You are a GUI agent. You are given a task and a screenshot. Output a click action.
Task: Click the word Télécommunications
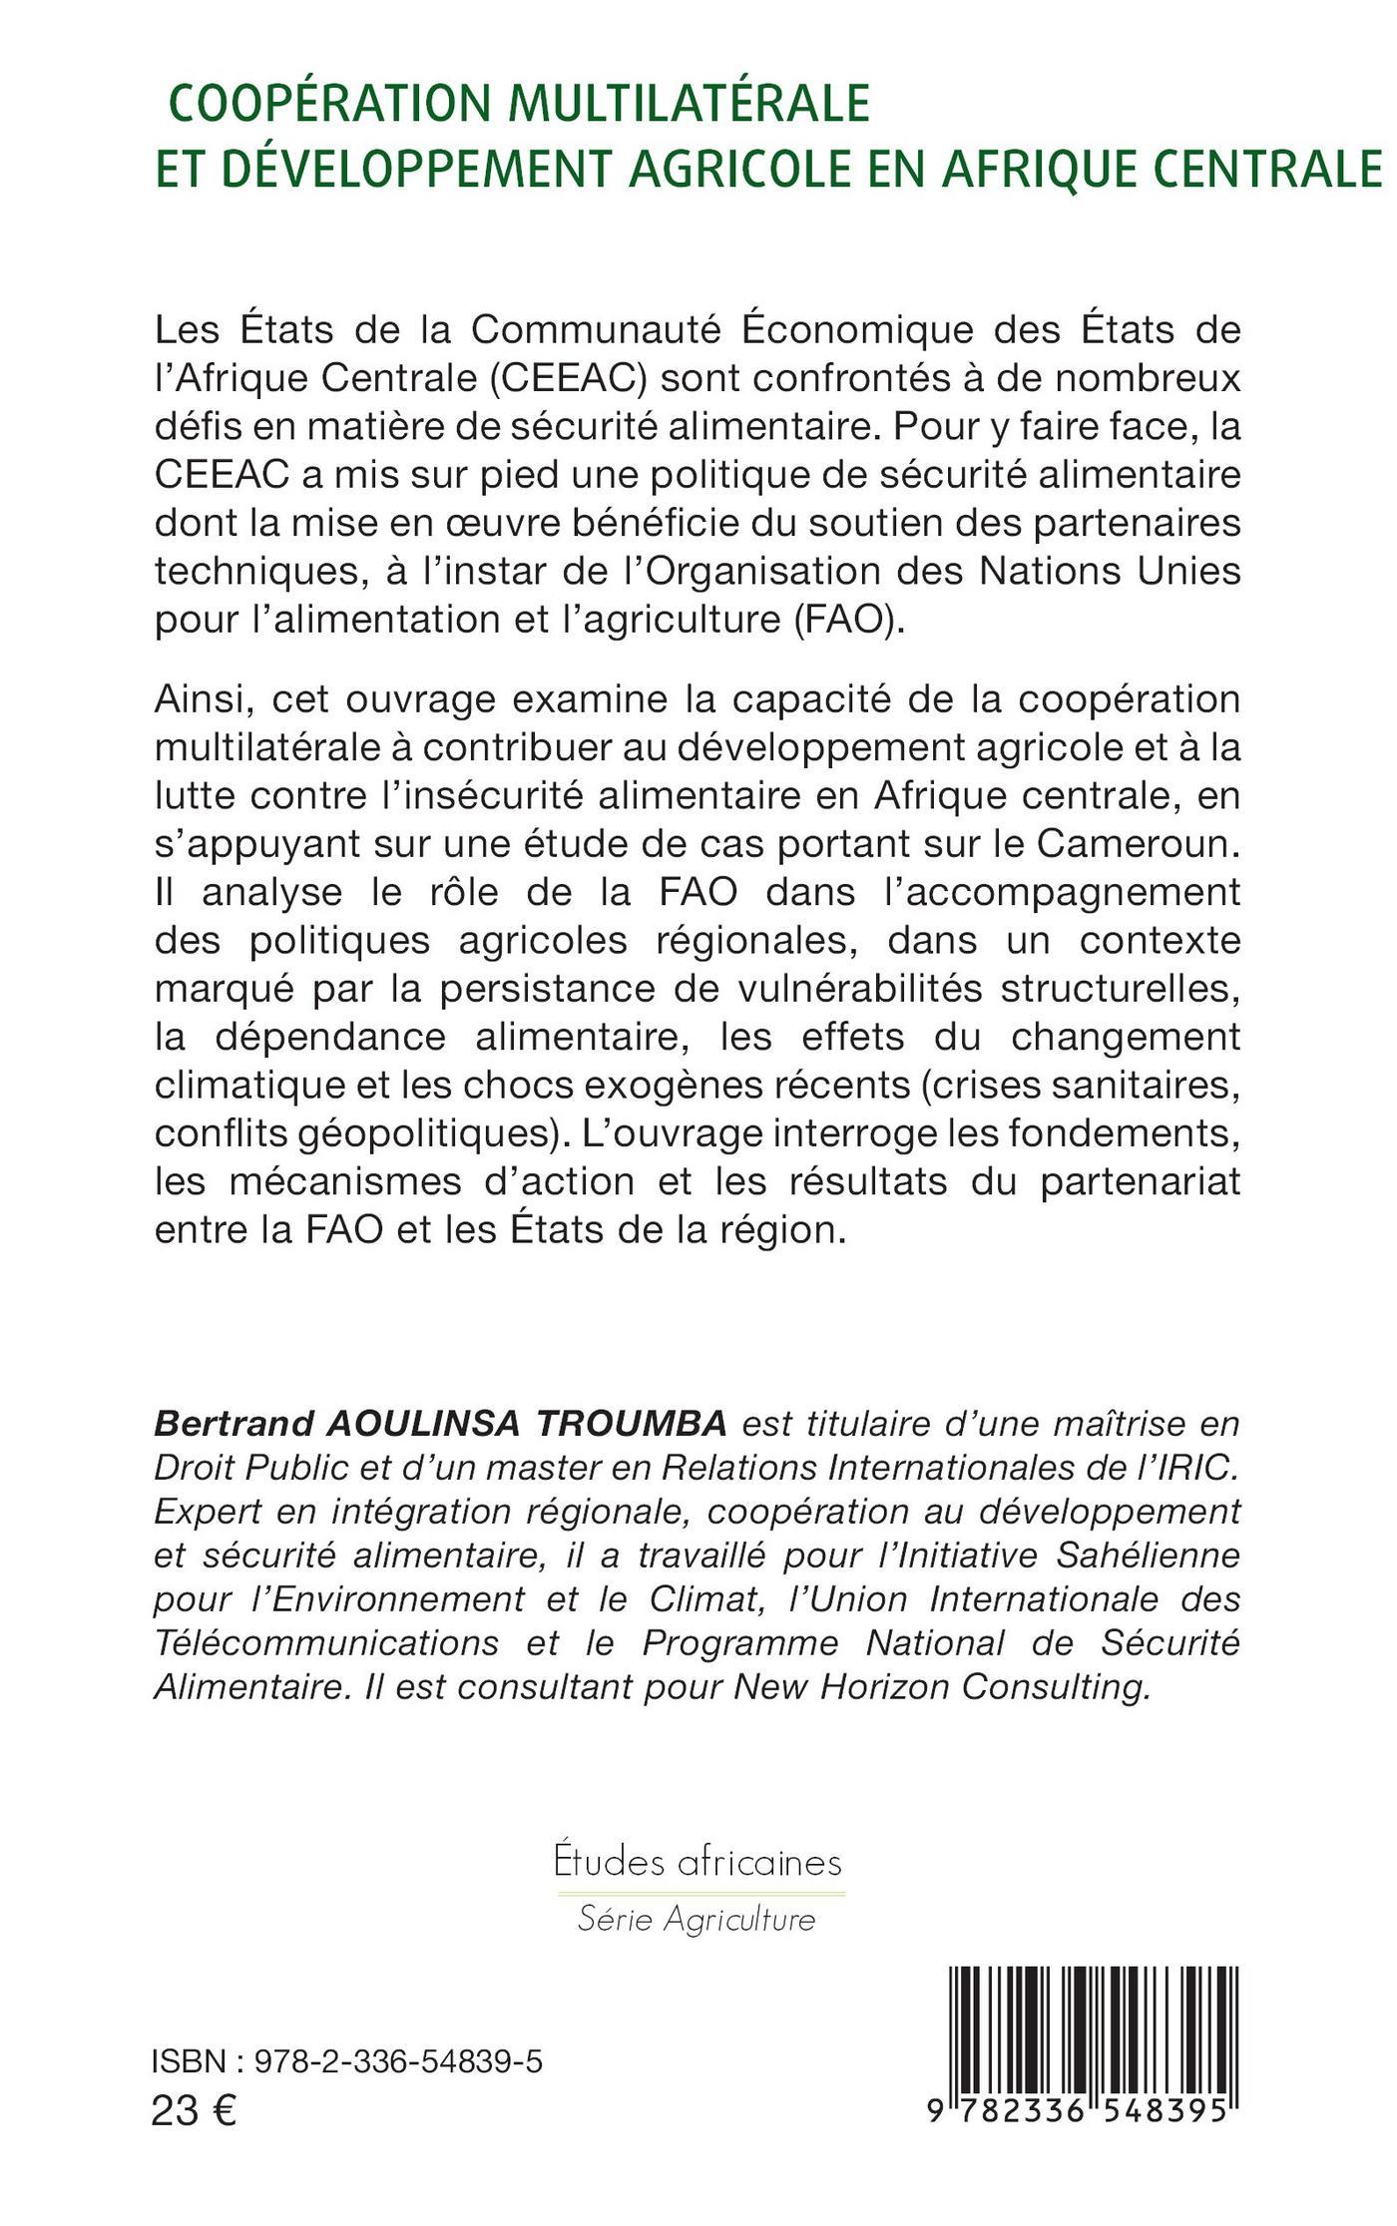pos(326,1643)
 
